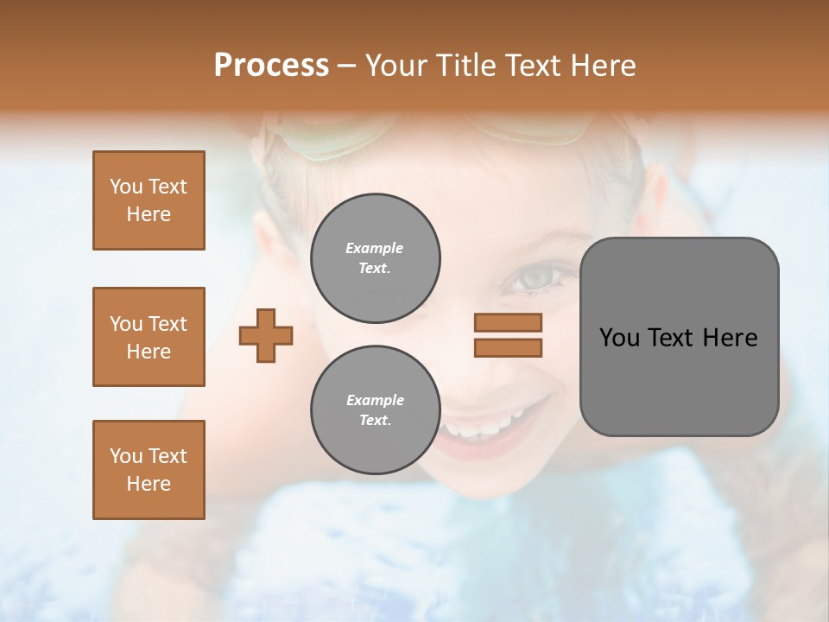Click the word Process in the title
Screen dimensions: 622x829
[271, 66]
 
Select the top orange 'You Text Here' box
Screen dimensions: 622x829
[149, 200]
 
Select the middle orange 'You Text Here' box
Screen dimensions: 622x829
[149, 337]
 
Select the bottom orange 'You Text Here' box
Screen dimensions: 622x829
[149, 469]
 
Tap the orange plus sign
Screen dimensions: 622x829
[266, 335]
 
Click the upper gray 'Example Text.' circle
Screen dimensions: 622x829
[375, 258]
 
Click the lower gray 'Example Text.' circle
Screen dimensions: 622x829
[375, 410]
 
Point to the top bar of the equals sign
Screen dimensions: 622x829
[508, 322]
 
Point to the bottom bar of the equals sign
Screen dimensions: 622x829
[508, 347]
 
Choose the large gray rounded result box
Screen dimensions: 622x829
[679, 336]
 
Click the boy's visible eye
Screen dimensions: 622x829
[537, 276]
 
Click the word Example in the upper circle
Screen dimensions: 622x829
[374, 248]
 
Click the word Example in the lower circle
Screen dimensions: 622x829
[375, 400]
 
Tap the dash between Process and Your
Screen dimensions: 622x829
[347, 67]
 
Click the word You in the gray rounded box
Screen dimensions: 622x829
[619, 338]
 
